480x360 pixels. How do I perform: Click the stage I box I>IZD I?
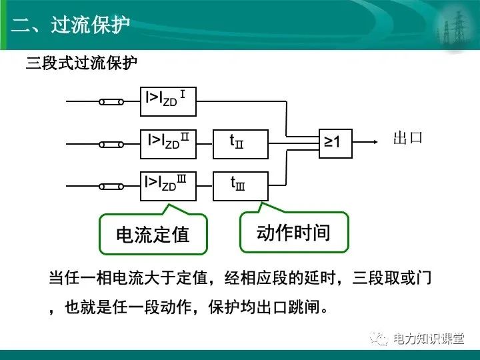(168, 101)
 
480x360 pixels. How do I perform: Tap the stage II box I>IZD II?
(168, 143)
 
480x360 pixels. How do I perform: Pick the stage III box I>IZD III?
(168, 185)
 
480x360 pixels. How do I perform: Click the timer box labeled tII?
(240, 143)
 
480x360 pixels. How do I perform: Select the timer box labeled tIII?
(240, 185)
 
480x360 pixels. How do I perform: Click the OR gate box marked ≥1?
(335, 142)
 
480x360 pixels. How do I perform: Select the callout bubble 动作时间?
(293, 233)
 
